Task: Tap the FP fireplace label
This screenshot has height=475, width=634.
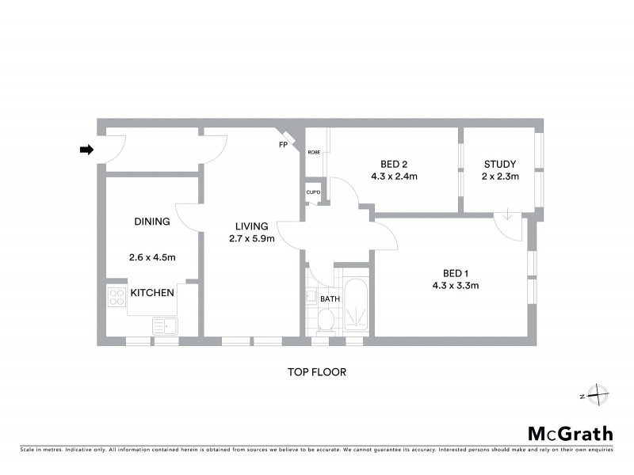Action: point(283,145)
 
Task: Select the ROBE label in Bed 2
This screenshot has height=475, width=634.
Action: point(314,152)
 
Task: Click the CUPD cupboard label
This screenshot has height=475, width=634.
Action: point(313,192)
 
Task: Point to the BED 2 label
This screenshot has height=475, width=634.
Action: point(394,165)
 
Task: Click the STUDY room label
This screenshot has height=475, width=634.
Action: point(501,165)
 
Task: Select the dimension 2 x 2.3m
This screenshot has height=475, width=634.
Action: point(501,177)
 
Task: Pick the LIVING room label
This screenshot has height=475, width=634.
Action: point(250,226)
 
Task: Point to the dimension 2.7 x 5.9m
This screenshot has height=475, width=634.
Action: point(250,238)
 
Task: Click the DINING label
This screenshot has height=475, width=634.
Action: point(152,222)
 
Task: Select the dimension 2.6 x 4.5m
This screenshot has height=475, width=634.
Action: point(152,256)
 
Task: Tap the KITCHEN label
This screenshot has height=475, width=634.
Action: point(152,293)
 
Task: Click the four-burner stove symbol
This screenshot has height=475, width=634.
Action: point(116,298)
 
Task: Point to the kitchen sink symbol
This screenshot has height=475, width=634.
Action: point(165,325)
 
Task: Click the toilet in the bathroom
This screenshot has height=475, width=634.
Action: point(324,321)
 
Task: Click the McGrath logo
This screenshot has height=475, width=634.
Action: point(570,433)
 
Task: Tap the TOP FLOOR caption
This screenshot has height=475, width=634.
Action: point(317,370)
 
